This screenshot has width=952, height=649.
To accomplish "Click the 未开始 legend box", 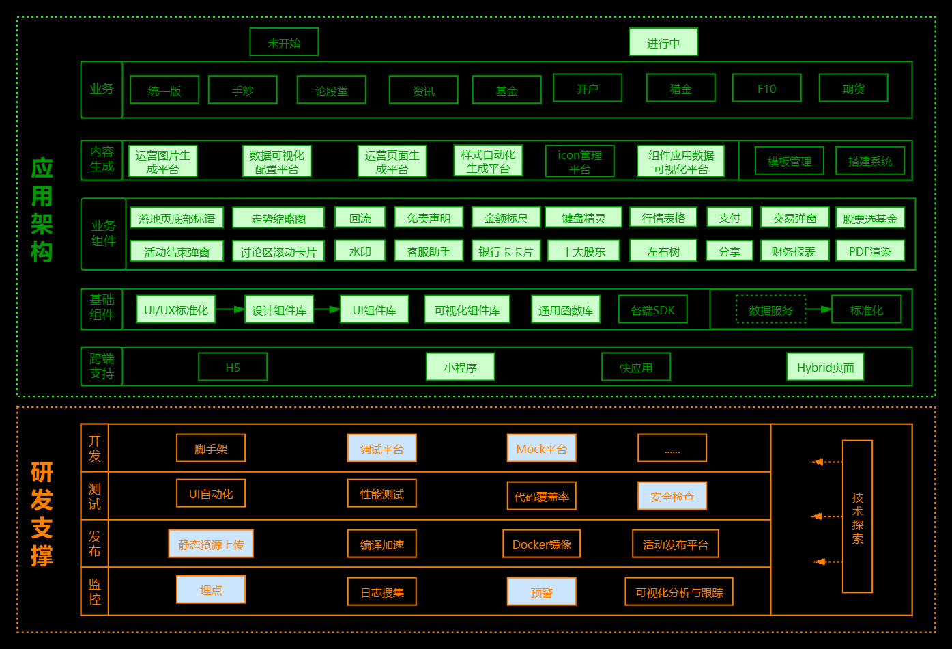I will [x=284, y=42].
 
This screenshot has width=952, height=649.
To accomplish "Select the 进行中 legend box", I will [x=663, y=42].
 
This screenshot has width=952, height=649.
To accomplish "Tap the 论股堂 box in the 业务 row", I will [x=331, y=90].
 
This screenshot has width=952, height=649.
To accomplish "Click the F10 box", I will [x=766, y=89].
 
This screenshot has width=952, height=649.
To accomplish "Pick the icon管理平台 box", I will [x=579, y=162].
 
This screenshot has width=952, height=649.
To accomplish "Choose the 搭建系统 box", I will [x=869, y=161].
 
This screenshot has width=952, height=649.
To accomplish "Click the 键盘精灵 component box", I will [x=583, y=218].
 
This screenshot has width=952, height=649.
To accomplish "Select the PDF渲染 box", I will [x=869, y=251].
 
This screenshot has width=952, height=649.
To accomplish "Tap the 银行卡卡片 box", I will [x=506, y=251].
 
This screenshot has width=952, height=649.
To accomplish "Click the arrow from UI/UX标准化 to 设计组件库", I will [x=231, y=309].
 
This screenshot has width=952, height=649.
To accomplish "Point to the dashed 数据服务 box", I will [x=770, y=310].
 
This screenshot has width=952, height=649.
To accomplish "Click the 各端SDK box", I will [x=652, y=310].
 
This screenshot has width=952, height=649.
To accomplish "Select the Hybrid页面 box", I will [x=825, y=368].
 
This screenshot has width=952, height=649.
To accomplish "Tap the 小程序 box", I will [x=460, y=368].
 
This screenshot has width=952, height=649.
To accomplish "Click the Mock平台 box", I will [x=541, y=449].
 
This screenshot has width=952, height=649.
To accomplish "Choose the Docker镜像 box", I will [x=541, y=544].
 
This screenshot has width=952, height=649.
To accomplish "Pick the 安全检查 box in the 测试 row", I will [x=672, y=497].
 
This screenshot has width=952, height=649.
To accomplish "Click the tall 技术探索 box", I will [x=857, y=517].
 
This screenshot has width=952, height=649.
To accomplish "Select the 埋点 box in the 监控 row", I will [x=210, y=590].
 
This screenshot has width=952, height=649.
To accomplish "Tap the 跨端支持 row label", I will [x=102, y=366].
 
